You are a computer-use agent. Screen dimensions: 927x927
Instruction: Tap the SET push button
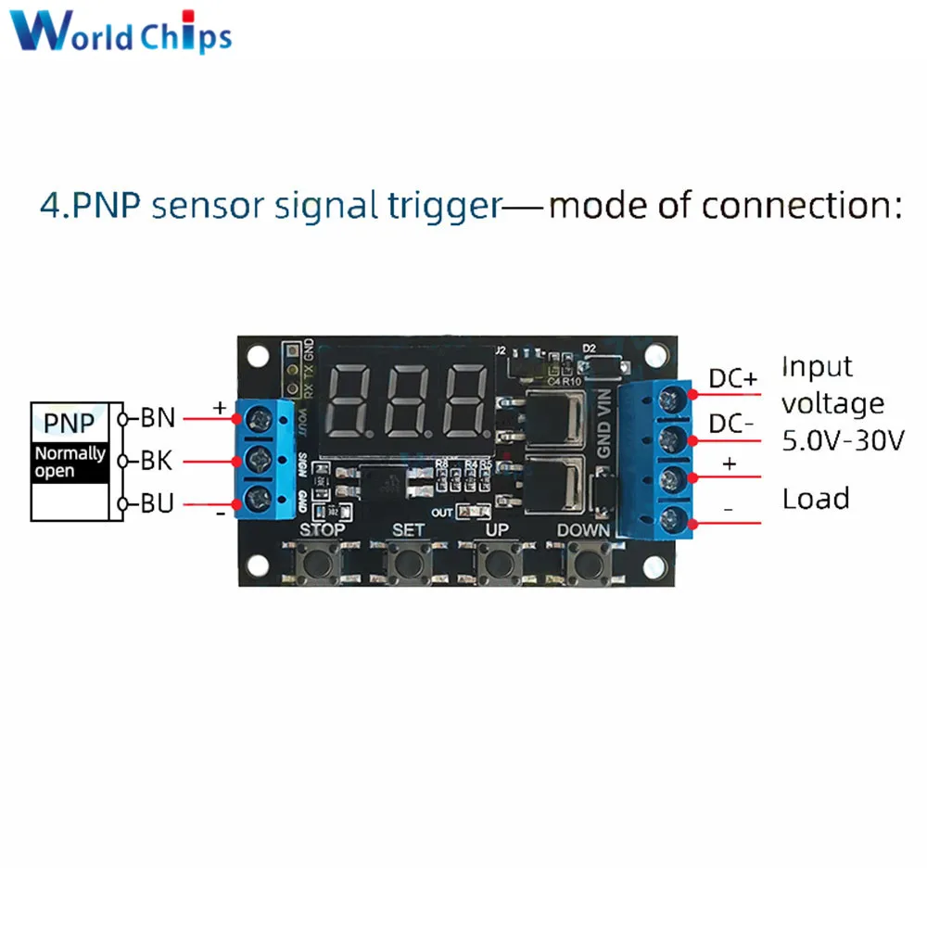409,562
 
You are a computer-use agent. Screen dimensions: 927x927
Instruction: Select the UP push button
498,562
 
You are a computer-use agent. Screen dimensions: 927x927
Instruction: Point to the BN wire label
158,418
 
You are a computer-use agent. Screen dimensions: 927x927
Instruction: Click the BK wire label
158,461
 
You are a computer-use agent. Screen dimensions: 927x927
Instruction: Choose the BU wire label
158,503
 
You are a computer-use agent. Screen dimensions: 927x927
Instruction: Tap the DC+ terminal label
733,379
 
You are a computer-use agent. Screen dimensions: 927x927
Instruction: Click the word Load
816,499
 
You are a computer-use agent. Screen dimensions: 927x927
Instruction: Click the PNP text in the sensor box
70,424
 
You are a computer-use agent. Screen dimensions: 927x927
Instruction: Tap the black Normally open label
70,462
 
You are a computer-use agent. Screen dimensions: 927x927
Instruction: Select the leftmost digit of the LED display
352,401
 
